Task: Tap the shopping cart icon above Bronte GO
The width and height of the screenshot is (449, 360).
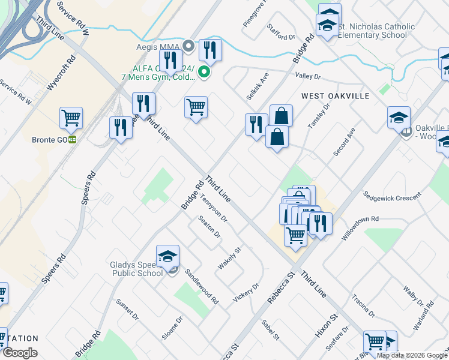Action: click(71, 118)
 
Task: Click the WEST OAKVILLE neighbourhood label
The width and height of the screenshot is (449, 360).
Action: click(335, 96)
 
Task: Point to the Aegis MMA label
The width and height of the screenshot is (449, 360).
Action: click(158, 46)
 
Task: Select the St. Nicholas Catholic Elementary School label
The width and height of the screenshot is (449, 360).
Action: click(376, 31)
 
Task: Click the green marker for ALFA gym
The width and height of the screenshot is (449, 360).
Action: click(204, 73)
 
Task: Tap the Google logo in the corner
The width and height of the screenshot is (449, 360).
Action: click(20, 353)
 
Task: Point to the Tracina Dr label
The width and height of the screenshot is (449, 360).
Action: click(364, 305)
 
